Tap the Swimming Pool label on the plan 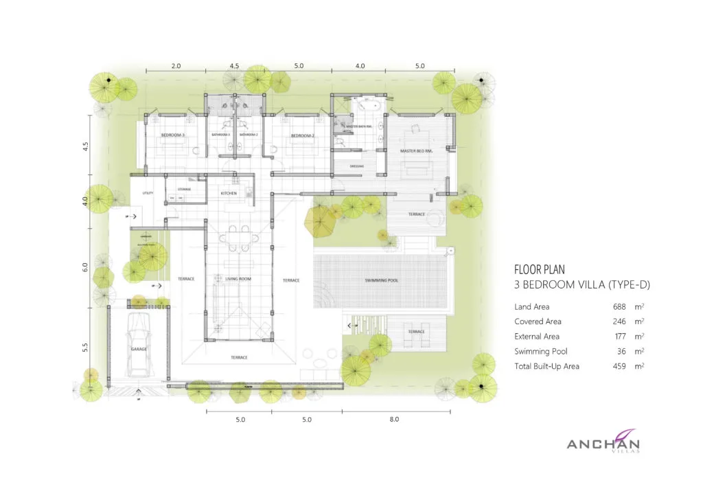tap(382, 281)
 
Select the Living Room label tap(239, 279)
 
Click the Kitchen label tap(229, 194)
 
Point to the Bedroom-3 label tap(173, 135)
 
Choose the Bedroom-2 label tap(302, 136)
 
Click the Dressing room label tap(357, 166)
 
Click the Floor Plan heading tap(540, 270)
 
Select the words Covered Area tap(538, 321)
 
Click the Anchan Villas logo tap(603, 444)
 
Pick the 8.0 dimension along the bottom tap(394, 419)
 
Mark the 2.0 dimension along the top tap(176, 66)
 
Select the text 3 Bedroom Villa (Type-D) tap(582, 285)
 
